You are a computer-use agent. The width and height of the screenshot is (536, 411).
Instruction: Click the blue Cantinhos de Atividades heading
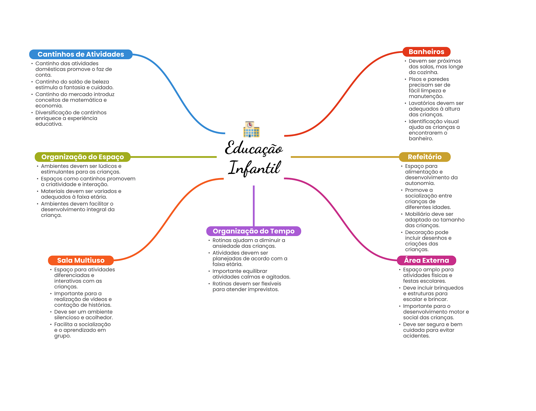point(81,54)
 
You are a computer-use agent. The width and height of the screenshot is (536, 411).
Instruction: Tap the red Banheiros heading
point(426,52)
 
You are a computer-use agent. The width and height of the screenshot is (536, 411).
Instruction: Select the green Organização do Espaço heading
point(83,157)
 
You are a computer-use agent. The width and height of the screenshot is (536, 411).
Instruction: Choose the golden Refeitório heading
point(425,157)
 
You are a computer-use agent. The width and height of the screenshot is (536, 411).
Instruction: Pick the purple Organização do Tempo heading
point(254,231)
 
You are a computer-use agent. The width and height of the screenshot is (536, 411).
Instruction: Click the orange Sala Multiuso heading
point(81,260)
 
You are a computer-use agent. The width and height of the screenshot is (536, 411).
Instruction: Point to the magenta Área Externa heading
point(427,260)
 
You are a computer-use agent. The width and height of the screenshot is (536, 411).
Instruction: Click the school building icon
point(251,129)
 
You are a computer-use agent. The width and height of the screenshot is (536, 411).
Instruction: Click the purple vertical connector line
point(254,206)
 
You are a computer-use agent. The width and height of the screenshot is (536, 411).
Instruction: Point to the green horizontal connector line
point(174,157)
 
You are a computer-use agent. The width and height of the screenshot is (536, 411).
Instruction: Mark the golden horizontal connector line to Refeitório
point(345,157)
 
